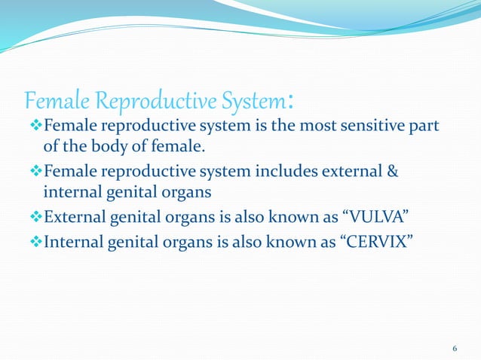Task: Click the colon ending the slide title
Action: pyautogui.click(x=290, y=100)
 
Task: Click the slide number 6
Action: pyautogui.click(x=455, y=349)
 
